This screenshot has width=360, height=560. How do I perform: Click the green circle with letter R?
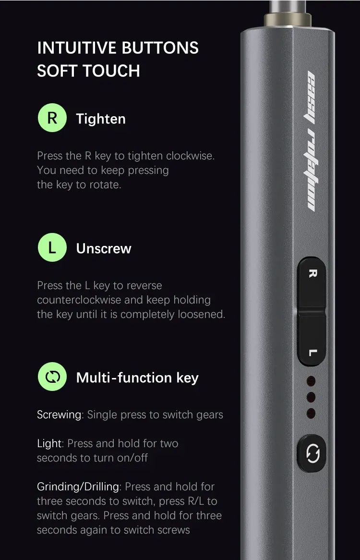click(52, 118)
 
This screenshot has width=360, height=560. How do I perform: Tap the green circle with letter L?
click(52, 247)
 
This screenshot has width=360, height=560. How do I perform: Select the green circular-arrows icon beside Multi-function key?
click(52, 377)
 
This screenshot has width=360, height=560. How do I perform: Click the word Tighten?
click(101, 119)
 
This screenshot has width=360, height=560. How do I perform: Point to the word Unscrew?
click(104, 249)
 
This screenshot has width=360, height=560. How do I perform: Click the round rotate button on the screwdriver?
click(312, 453)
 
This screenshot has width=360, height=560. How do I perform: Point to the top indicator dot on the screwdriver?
click(311, 381)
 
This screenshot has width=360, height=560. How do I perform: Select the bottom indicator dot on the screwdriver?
click(311, 414)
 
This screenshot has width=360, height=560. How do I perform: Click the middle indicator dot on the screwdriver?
click(311, 397)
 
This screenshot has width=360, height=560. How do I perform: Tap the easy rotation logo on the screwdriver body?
click(312, 141)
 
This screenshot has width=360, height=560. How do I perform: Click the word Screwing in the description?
click(59, 414)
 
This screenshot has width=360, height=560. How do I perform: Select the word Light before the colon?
click(50, 444)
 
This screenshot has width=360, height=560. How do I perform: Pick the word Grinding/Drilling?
click(78, 487)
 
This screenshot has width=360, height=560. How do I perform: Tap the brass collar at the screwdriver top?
click(288, 20)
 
